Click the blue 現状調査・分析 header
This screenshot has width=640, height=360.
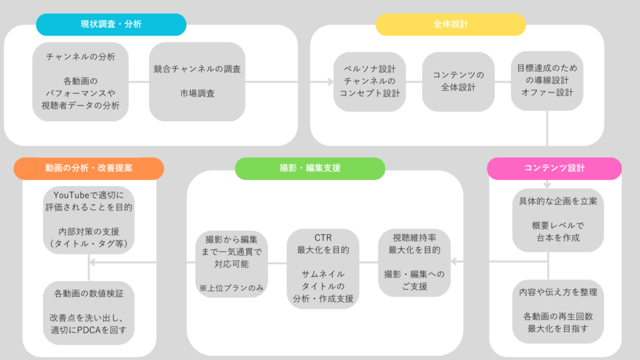click(111, 24)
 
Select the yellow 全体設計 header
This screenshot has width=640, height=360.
click(450, 24)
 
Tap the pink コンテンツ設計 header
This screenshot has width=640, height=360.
click(554, 168)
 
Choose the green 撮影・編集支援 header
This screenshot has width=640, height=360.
click(310, 168)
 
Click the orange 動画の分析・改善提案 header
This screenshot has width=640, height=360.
click(87, 168)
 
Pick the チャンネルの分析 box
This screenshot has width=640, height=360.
click(81, 81)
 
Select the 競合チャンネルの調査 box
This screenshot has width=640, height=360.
click(197, 81)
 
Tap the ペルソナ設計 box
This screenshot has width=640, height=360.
click(369, 81)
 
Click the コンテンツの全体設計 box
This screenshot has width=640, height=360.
click(458, 81)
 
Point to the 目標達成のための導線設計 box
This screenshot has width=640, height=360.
click(547, 81)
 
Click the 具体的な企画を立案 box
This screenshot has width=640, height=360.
click(558, 219)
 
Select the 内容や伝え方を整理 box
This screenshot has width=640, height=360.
click(558, 310)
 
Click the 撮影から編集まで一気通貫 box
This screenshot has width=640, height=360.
click(232, 262)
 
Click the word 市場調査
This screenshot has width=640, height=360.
click(197, 94)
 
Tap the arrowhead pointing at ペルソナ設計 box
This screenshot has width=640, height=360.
click(329, 81)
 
